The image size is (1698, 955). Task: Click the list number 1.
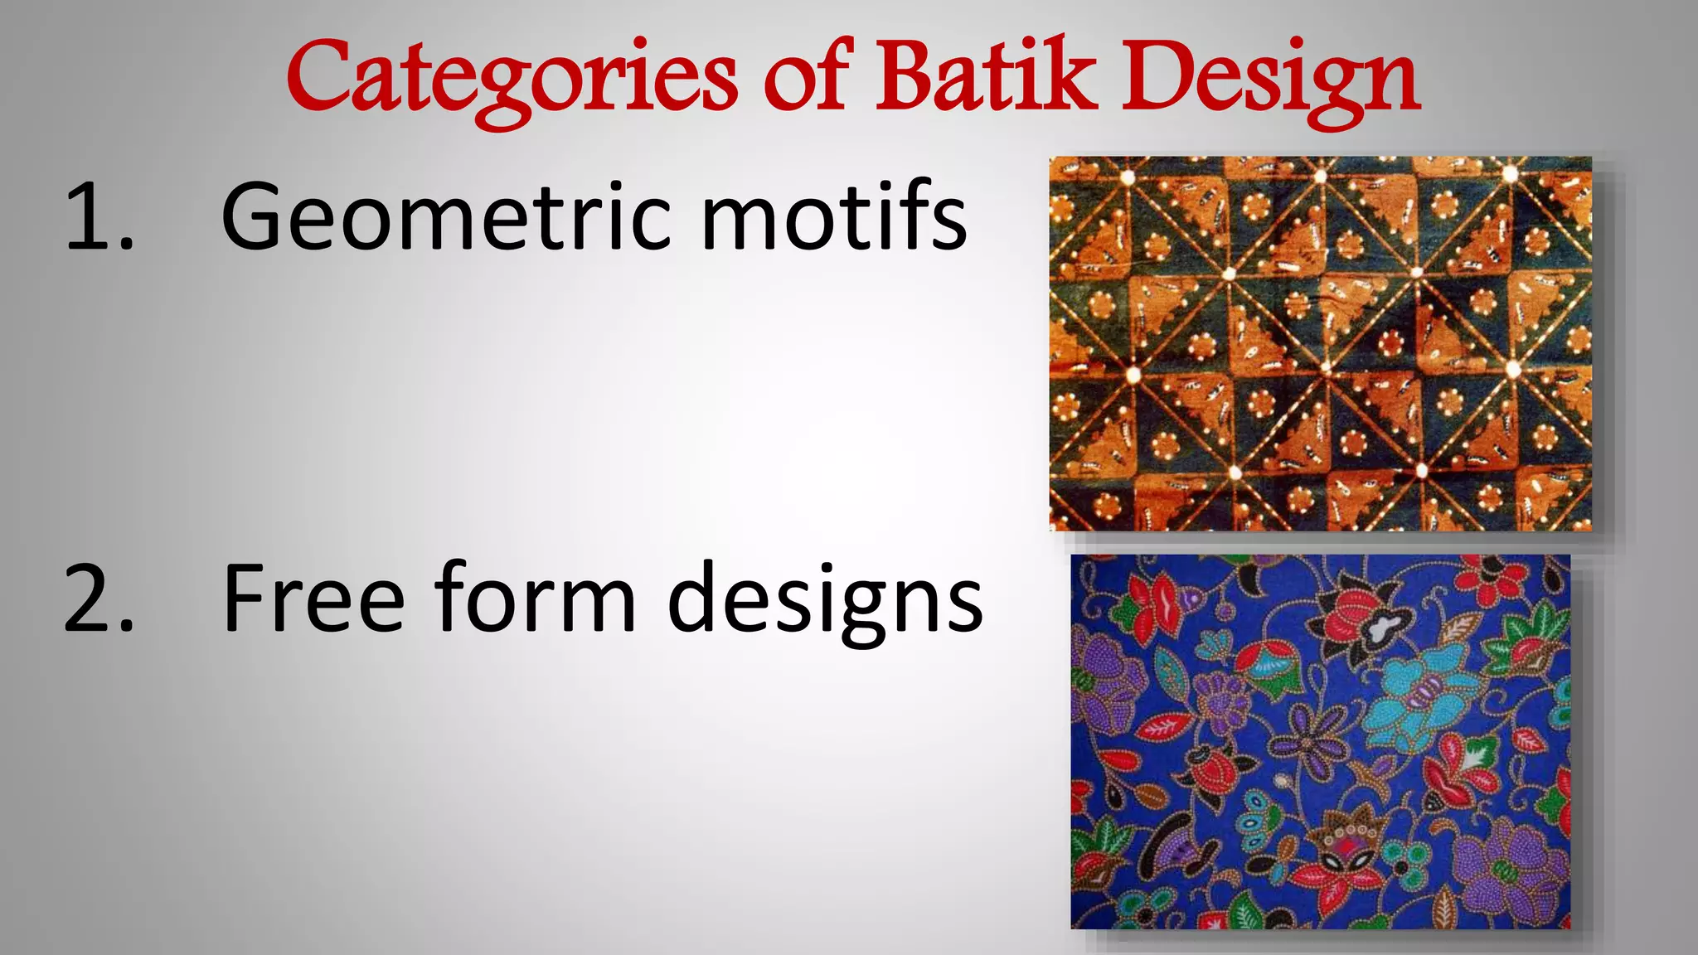point(97,217)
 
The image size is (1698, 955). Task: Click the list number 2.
point(99,599)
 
